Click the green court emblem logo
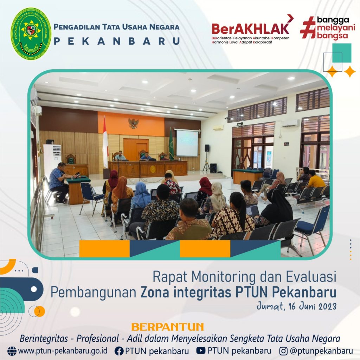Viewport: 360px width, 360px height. click(x=31, y=33)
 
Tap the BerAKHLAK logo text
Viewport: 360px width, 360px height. click(x=250, y=28)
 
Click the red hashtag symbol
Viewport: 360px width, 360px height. click(x=308, y=27)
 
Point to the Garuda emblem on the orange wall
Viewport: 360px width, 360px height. click(x=133, y=123)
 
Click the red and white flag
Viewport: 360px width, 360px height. click(x=105, y=142)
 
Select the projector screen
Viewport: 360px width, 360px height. click(x=187, y=143)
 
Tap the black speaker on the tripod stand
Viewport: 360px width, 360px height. click(x=207, y=148)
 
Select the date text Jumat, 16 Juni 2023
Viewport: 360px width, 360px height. click(x=296, y=306)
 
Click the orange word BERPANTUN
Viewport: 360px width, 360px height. click(x=168, y=327)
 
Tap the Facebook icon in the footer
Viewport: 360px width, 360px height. click(x=119, y=351)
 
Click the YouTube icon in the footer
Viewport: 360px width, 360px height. click(x=201, y=351)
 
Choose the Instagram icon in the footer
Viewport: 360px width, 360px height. click(x=284, y=351)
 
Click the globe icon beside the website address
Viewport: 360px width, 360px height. click(x=12, y=351)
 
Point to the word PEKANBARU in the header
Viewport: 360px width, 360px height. click(x=117, y=41)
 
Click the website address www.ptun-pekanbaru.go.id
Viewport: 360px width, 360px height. click(x=63, y=351)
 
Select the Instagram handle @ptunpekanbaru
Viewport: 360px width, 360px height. click(x=321, y=351)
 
